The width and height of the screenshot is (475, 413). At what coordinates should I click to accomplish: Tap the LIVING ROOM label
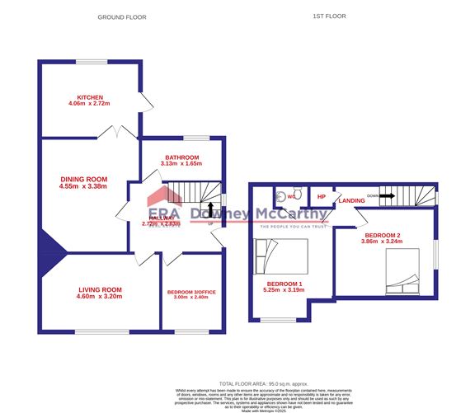pyautogui.click(x=101, y=289)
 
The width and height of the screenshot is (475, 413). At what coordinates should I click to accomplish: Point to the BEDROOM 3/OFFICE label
pyautogui.click(x=192, y=292)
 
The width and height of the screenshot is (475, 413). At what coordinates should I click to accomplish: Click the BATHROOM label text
pyautogui.click(x=181, y=157)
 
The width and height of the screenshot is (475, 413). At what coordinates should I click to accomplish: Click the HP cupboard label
pyautogui.click(x=322, y=198)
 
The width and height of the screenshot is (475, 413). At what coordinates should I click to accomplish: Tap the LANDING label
pyautogui.click(x=351, y=199)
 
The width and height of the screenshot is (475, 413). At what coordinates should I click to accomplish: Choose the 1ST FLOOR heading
pyautogui.click(x=329, y=17)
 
